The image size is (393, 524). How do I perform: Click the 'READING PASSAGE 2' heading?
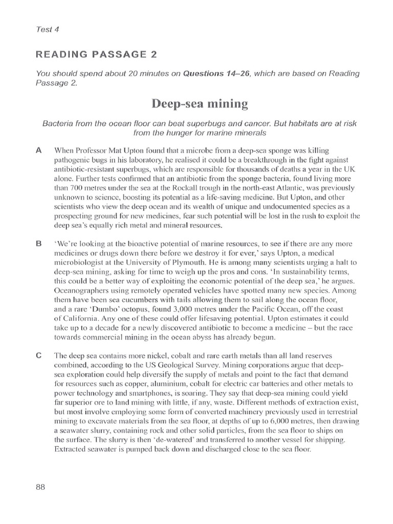(x=89, y=54)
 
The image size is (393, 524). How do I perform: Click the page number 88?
(x=41, y=487)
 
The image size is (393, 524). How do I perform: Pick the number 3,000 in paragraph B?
(x=168, y=309)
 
